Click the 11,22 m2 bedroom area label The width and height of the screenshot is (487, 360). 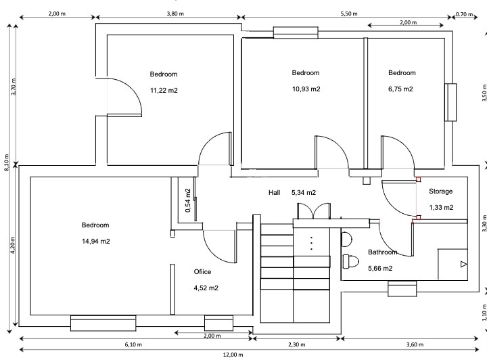[x=164, y=91]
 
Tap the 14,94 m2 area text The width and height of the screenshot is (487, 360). [x=95, y=242]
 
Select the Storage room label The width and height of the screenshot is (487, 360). [x=440, y=192]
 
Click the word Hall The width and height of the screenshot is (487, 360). [x=274, y=193]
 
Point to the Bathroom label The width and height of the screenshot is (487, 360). [x=383, y=252]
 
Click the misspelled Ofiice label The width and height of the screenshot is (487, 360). [x=202, y=272]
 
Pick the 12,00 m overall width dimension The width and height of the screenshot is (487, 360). [x=233, y=355]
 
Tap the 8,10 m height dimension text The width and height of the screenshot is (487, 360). [x=7, y=162]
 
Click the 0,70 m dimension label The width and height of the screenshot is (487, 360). [x=464, y=14]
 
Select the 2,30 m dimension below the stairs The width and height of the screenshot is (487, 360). [x=297, y=344]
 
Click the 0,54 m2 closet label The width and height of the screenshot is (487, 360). [x=188, y=200]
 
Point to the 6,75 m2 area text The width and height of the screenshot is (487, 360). [x=400, y=89]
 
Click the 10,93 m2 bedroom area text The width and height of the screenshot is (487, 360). [x=306, y=89]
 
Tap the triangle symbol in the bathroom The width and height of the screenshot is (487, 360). [x=463, y=265]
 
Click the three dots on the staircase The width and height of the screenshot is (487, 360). [x=311, y=244]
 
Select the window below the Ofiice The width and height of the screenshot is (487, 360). [x=218, y=323]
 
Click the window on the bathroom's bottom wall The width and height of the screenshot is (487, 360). [x=402, y=288]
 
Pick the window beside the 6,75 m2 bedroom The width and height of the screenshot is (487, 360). [x=450, y=102]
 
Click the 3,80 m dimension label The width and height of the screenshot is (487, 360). [x=175, y=14]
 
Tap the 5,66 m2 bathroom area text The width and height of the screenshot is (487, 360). [x=380, y=269]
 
